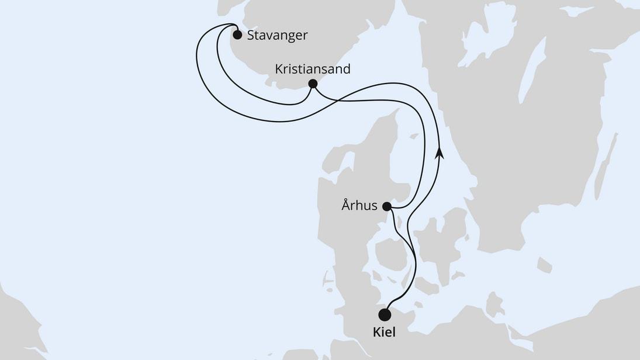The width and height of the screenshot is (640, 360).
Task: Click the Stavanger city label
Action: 277,35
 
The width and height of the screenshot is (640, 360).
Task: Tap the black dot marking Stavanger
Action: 237,34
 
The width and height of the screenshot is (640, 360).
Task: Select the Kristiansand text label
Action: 313,69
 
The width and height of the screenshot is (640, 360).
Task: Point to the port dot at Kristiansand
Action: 313,84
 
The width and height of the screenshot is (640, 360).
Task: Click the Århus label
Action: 359,206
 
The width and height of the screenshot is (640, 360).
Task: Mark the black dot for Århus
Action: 386,206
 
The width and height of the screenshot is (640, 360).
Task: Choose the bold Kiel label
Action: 384,333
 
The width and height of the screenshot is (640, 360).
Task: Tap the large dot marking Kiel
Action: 385,315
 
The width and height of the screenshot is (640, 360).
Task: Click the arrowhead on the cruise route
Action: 440,153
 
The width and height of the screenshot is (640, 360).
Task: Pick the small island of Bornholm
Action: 544,266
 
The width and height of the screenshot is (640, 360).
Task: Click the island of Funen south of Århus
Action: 390,255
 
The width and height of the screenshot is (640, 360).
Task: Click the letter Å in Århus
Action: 347,206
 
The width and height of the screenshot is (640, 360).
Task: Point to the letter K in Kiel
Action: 376,333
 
